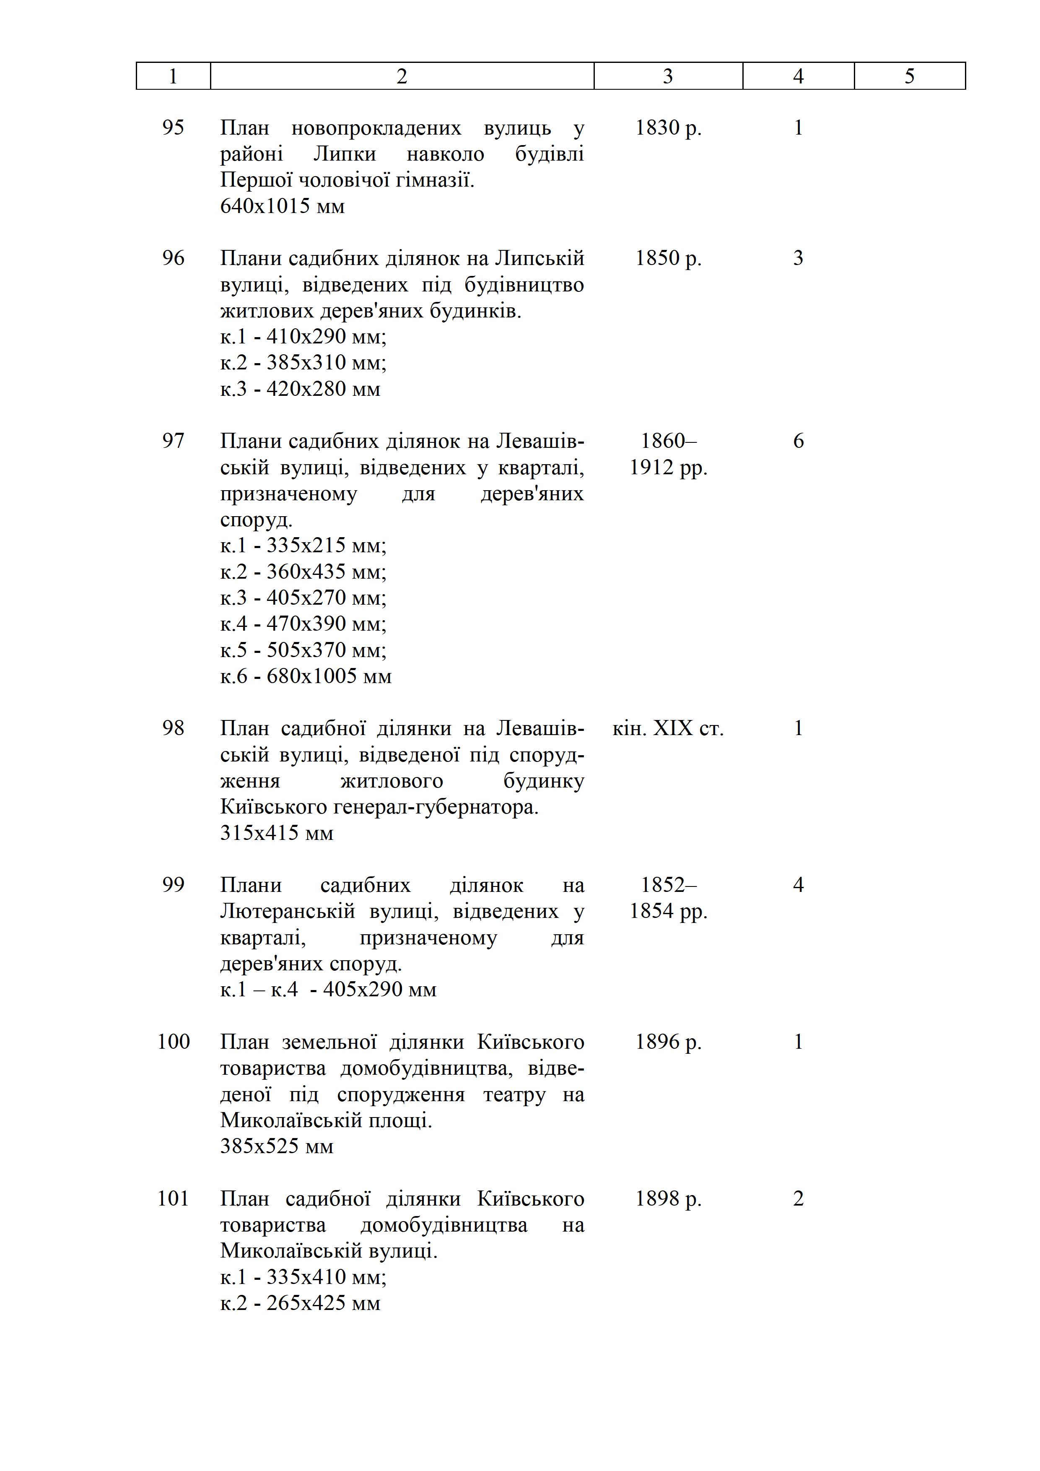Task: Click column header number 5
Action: [909, 76]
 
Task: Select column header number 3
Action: [668, 76]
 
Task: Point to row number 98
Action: [173, 728]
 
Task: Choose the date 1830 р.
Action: [668, 128]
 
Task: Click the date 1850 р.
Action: [668, 258]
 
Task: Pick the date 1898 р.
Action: [668, 1199]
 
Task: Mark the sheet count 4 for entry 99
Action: [798, 886]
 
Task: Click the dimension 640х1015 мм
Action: [283, 206]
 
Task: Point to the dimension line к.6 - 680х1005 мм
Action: [306, 676]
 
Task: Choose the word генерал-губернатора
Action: [436, 807]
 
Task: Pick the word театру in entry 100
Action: [514, 1094]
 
